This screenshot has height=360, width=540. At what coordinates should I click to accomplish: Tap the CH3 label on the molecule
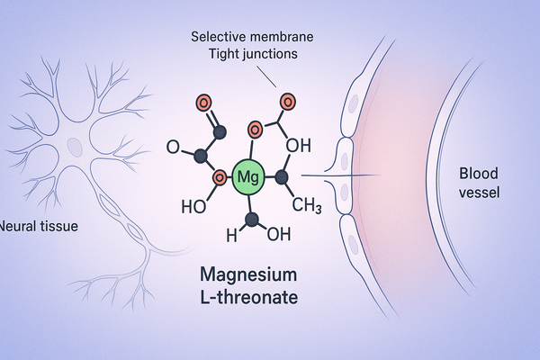(x=307, y=207)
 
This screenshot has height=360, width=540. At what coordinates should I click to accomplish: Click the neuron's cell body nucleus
(x=76, y=144)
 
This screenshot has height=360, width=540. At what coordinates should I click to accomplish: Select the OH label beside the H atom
(x=279, y=236)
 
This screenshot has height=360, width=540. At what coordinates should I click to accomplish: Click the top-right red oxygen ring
(x=287, y=100)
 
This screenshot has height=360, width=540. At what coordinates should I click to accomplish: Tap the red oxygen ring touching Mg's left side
(x=218, y=177)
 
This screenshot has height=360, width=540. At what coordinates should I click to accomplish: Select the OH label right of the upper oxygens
(x=299, y=145)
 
